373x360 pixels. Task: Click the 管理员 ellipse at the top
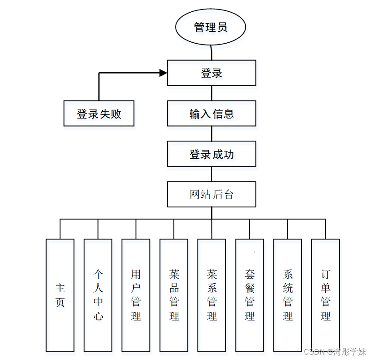pyautogui.click(x=211, y=27)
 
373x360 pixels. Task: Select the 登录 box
pyautogui.click(x=212, y=73)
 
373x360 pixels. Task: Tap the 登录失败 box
pyautogui.click(x=99, y=113)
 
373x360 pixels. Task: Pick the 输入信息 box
pyautogui.click(x=212, y=113)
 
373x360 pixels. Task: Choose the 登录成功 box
pyautogui.click(x=212, y=154)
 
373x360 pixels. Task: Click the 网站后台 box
pyautogui.click(x=212, y=195)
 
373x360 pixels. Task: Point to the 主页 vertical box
pyautogui.click(x=60, y=295)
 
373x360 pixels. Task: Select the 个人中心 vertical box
pyautogui.click(x=98, y=295)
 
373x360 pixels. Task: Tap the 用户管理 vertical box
pyautogui.click(x=136, y=295)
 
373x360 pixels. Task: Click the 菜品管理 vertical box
pyautogui.click(x=174, y=295)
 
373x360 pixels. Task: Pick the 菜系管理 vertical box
pyautogui.click(x=212, y=295)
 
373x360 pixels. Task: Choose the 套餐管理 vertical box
pyautogui.click(x=249, y=295)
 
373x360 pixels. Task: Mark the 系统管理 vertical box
pyautogui.click(x=287, y=295)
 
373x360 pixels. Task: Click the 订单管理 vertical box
pyautogui.click(x=325, y=295)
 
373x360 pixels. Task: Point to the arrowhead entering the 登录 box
pyautogui.click(x=163, y=73)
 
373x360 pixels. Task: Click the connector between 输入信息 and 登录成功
pyautogui.click(x=212, y=134)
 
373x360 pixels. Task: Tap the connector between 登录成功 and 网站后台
pyautogui.click(x=212, y=174)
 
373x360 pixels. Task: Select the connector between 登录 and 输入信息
pyautogui.click(x=212, y=93)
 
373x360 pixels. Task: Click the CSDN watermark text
pyautogui.click(x=335, y=352)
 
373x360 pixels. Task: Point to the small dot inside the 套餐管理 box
pyautogui.click(x=254, y=252)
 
